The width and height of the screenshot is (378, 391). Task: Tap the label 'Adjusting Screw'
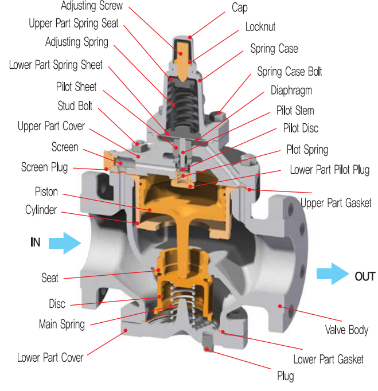tap(91, 7)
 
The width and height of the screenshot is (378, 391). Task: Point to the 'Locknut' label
tap(261, 27)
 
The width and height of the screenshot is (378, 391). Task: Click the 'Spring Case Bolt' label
tap(289, 71)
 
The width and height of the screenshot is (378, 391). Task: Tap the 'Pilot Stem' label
tap(295, 110)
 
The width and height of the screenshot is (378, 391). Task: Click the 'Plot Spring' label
tap(307, 150)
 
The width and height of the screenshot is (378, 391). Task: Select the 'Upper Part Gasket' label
tap(336, 202)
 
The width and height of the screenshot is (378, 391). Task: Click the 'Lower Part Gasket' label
tap(328, 359)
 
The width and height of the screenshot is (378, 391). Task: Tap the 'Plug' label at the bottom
tap(285, 376)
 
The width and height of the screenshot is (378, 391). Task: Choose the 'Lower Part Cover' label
tap(50, 357)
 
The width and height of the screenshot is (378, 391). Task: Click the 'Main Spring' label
tap(61, 324)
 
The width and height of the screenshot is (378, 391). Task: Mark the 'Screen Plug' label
tap(44, 167)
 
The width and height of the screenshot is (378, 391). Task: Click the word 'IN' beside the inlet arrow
tap(35, 243)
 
